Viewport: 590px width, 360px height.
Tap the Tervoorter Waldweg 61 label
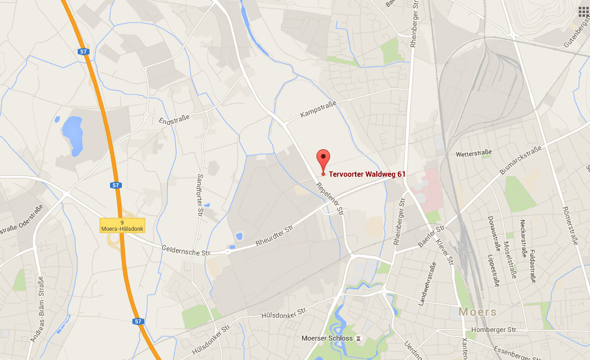click(367, 175)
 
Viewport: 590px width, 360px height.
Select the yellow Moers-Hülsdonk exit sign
click(122, 226)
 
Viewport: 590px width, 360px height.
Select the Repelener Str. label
click(330, 198)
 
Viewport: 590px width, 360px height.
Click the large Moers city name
click(477, 311)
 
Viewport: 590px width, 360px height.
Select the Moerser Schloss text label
click(327, 338)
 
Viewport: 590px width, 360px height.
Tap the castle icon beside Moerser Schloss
click(359, 338)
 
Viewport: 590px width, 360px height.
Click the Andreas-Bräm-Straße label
click(37, 309)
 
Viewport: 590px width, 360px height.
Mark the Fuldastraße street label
click(533, 266)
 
